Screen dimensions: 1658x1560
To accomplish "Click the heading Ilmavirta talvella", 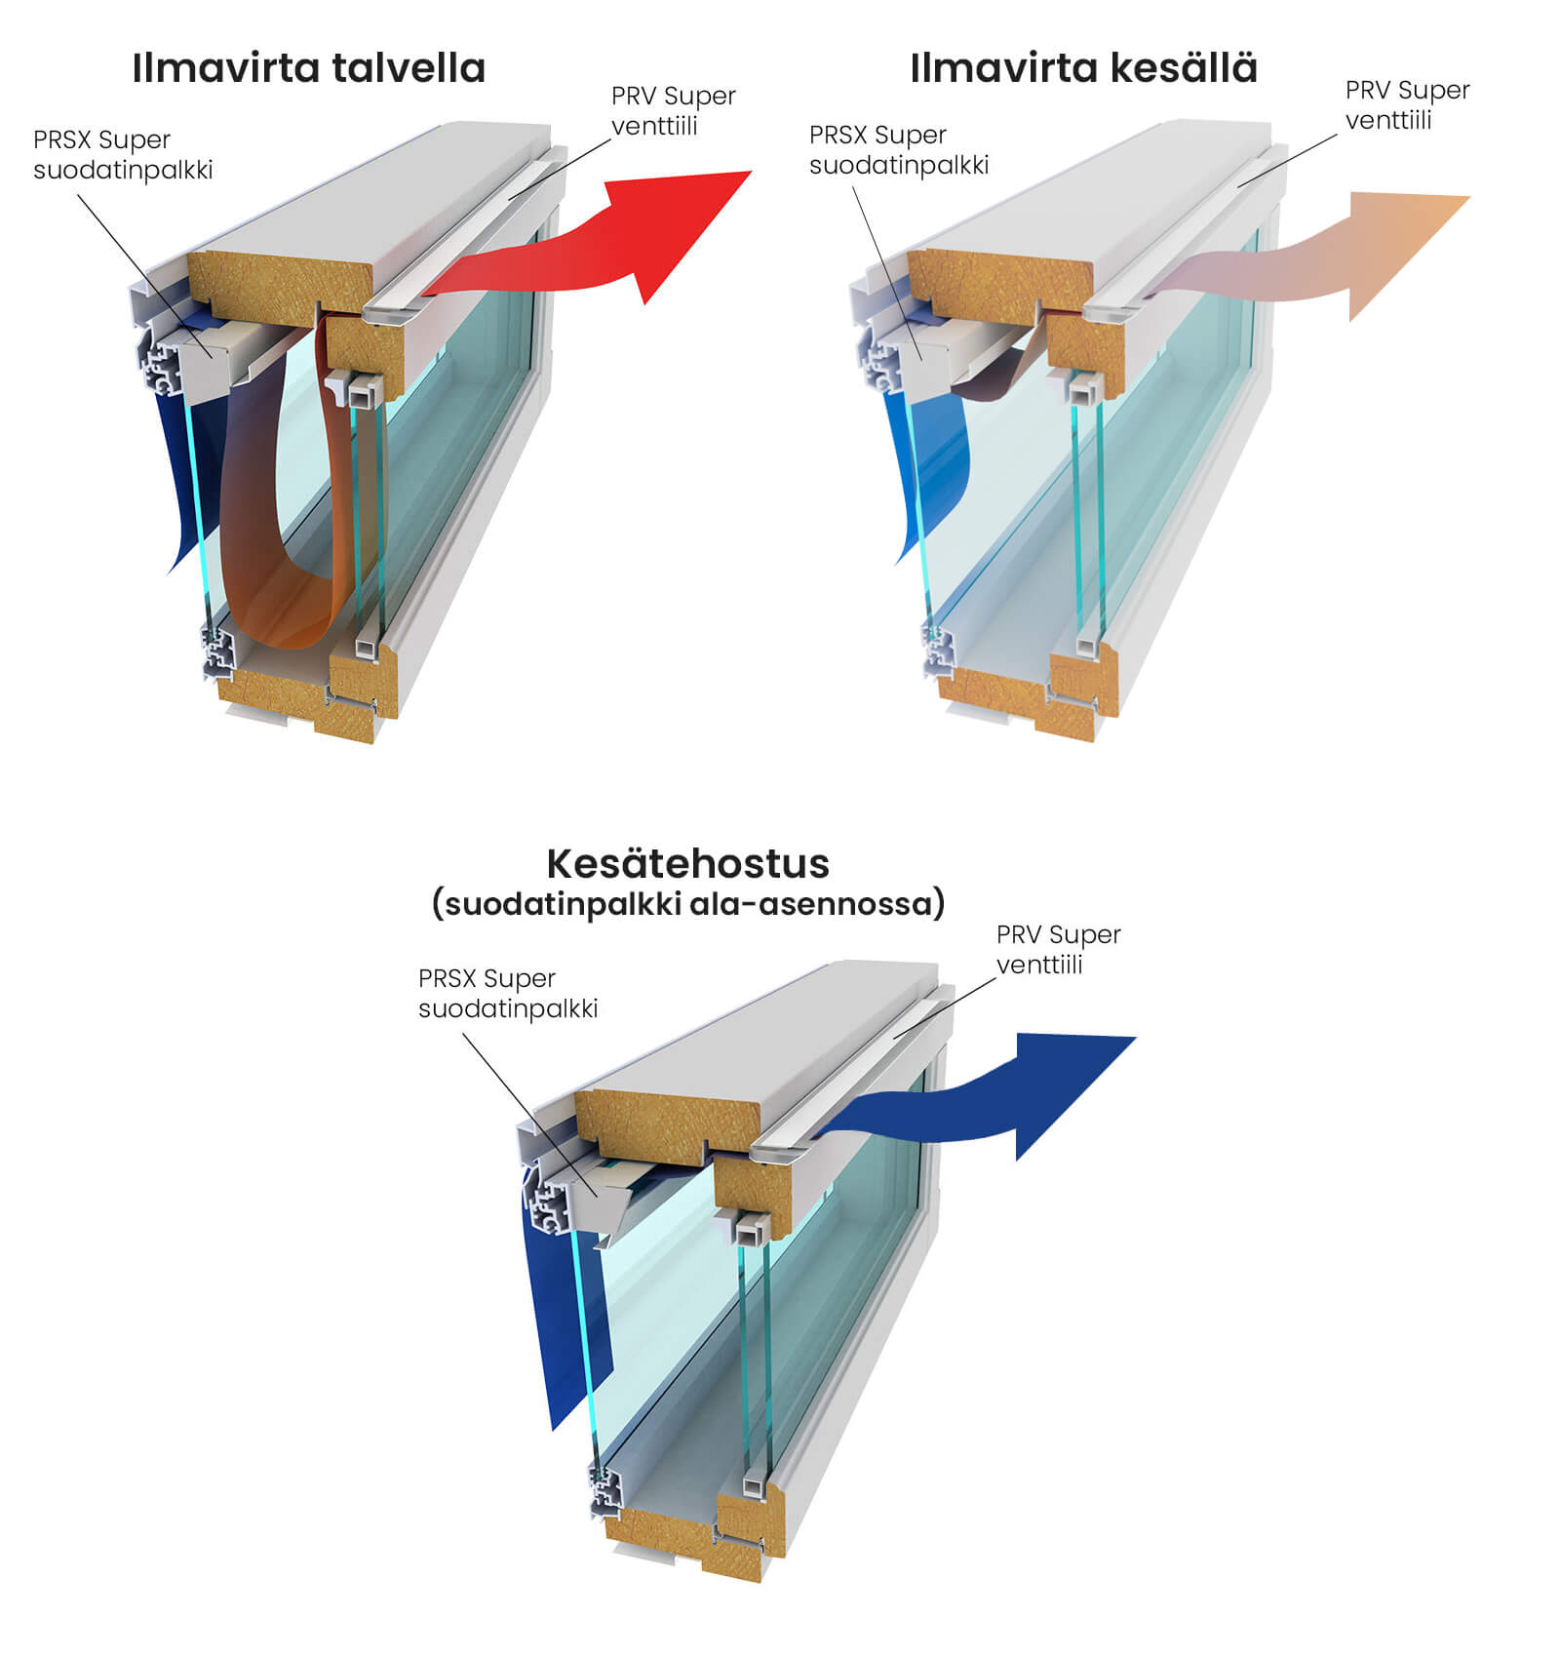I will click(308, 68).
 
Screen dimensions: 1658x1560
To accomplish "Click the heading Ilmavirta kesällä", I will click(1083, 68).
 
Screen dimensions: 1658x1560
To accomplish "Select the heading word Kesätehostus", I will click(687, 863).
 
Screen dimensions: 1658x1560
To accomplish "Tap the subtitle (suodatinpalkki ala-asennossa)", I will click(687, 904).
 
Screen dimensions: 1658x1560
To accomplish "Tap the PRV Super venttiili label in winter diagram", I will click(673, 110).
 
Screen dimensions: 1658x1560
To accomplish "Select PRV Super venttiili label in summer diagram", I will click(1406, 104).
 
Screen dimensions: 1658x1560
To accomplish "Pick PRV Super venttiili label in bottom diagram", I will click(1058, 949).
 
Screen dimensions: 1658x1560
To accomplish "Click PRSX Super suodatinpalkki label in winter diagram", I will click(122, 154).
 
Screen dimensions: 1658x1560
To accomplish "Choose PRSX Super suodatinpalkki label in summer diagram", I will click(898, 149).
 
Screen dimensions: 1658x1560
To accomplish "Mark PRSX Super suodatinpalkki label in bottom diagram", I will click(507, 993).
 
